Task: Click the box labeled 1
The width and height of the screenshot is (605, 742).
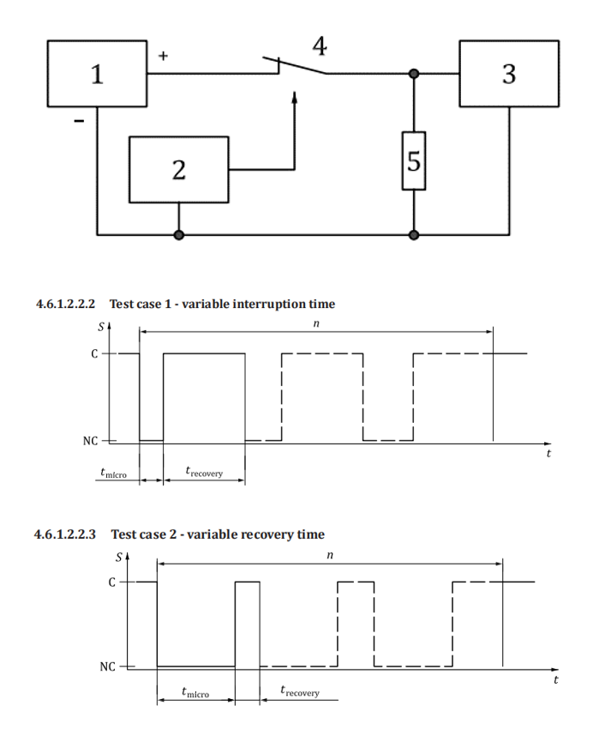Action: coord(98,75)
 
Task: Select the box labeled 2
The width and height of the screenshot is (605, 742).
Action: coord(178,169)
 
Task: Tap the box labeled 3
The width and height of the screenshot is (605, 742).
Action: coord(509,74)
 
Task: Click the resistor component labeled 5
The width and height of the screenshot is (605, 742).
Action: coord(414,161)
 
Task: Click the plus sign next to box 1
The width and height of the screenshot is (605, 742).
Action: coord(164,56)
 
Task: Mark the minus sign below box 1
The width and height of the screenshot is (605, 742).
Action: coord(79,122)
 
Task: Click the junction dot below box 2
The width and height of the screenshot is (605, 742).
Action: coord(178,233)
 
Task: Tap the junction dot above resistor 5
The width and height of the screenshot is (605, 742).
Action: coord(414,75)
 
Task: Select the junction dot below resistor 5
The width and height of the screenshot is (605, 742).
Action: coord(414,233)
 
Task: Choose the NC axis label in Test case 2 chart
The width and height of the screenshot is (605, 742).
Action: coord(106,667)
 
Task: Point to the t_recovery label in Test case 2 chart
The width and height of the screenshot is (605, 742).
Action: coord(300,691)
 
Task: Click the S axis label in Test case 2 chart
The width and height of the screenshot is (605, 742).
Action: coord(120,556)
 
